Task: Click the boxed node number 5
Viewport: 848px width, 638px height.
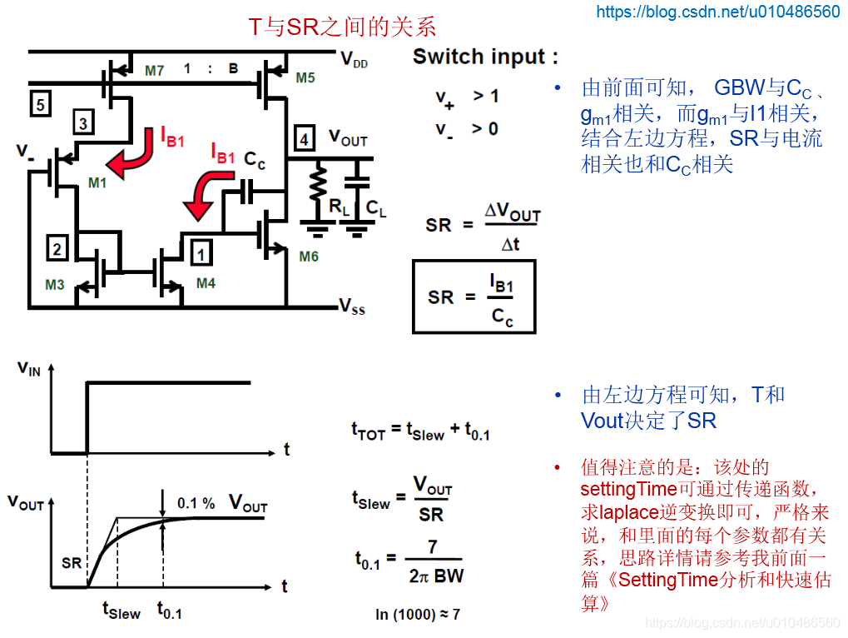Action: point(41,104)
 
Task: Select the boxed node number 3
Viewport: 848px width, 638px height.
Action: point(83,122)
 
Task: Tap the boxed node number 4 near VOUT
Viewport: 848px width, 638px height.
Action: point(305,138)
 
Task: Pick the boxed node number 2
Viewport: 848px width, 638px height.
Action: point(57,248)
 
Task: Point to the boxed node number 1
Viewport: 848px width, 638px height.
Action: point(201,252)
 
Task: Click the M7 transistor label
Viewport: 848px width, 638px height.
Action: point(154,71)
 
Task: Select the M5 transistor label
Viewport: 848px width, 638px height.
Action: point(305,78)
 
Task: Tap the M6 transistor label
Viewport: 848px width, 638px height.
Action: point(309,257)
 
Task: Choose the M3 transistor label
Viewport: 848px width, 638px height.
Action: point(55,285)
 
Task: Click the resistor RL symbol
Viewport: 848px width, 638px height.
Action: point(318,183)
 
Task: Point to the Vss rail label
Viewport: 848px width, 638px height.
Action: point(352,307)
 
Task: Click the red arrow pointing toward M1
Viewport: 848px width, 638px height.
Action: point(132,157)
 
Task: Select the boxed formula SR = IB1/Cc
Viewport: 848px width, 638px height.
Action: point(474,297)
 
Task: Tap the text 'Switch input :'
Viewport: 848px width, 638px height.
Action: point(485,57)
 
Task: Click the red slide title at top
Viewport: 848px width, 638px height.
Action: point(342,27)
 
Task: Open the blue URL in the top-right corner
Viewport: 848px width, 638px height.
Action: point(717,12)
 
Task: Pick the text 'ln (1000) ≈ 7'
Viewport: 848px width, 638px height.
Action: point(418,614)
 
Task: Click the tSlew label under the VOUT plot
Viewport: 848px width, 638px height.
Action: point(121,611)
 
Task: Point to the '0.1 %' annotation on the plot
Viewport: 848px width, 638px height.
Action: point(196,503)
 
